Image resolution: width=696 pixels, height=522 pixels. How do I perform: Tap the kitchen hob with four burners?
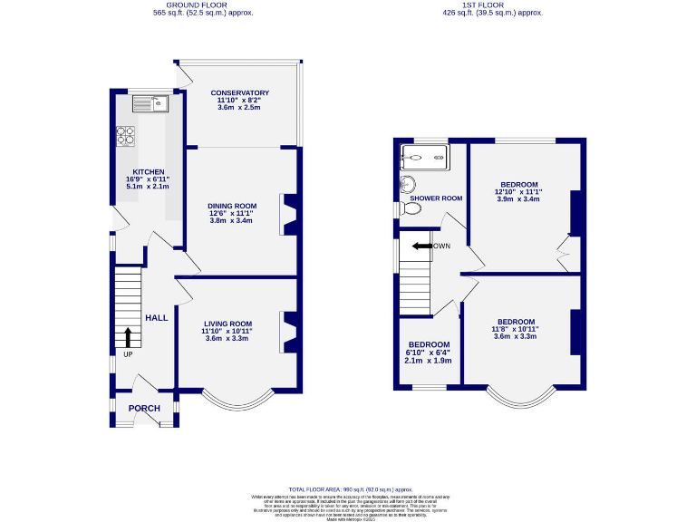(x=125, y=136)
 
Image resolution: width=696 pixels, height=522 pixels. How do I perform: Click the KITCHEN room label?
(x=149, y=171)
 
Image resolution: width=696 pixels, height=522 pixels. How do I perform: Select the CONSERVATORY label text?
(x=239, y=93)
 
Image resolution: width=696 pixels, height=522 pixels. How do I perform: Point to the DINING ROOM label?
(x=233, y=206)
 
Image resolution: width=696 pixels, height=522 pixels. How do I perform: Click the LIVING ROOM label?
(x=227, y=324)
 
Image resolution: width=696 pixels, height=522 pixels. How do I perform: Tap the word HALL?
(x=157, y=318)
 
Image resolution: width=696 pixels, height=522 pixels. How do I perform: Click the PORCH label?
(x=144, y=409)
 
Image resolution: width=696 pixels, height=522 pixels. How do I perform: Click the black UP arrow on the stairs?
(x=128, y=337)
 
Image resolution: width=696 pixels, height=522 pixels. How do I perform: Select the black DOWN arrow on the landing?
(x=421, y=246)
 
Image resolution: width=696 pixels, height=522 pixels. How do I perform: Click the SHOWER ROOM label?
(x=436, y=198)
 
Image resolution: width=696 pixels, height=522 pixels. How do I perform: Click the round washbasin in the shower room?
(x=408, y=184)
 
